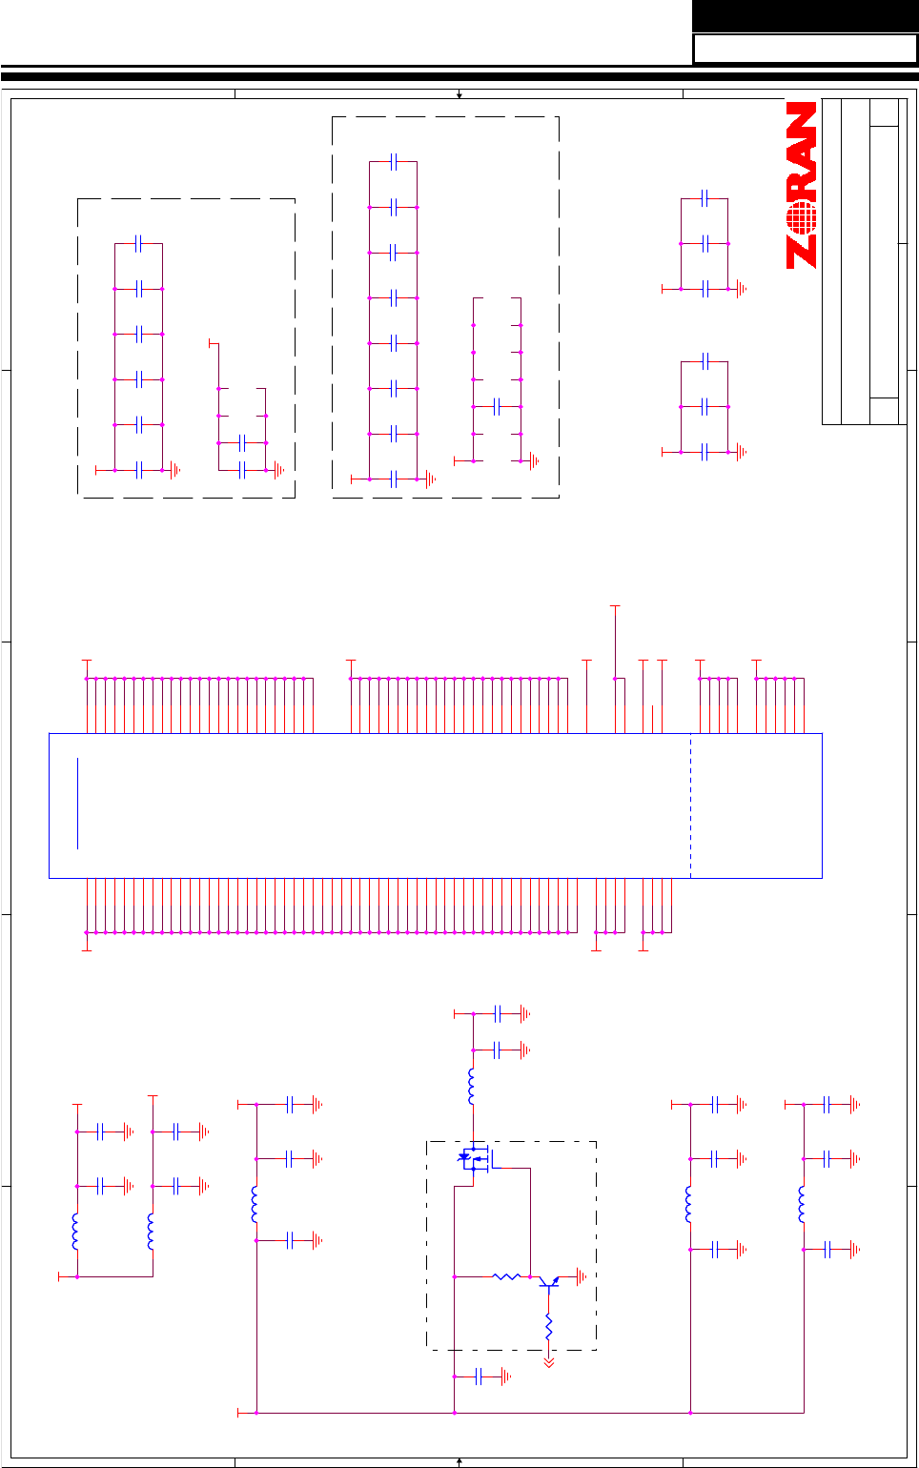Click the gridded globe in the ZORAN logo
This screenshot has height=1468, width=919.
pyautogui.click(x=803, y=216)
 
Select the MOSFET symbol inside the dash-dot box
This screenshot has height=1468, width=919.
pyautogui.click(x=474, y=1159)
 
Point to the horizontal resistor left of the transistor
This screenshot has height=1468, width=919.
pyautogui.click(x=506, y=1276)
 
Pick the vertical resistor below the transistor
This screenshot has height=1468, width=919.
pyautogui.click(x=548, y=1326)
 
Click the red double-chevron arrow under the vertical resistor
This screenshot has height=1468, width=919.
pyautogui.click(x=548, y=1363)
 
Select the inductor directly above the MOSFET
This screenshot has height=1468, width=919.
pyautogui.click(x=472, y=1086)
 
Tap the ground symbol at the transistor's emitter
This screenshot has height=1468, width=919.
pyautogui.click(x=582, y=1276)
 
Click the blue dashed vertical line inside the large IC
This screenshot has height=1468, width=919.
pyautogui.click(x=690, y=805)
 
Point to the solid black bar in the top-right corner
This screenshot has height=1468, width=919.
pyautogui.click(x=805, y=16)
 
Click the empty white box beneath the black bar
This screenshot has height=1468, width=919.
pyautogui.click(x=805, y=49)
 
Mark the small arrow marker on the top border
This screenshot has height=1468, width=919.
pyautogui.click(x=459, y=94)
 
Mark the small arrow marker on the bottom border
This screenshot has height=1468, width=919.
pyautogui.click(x=459, y=1460)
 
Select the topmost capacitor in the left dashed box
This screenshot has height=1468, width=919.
pyautogui.click(x=139, y=243)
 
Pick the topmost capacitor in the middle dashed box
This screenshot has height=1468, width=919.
pyautogui.click(x=394, y=161)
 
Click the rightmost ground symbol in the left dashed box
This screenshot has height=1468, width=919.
pyautogui.click(x=279, y=470)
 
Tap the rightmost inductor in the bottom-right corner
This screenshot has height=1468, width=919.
pyautogui.click(x=803, y=1204)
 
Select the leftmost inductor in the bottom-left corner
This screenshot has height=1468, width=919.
pyautogui.click(x=76, y=1231)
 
